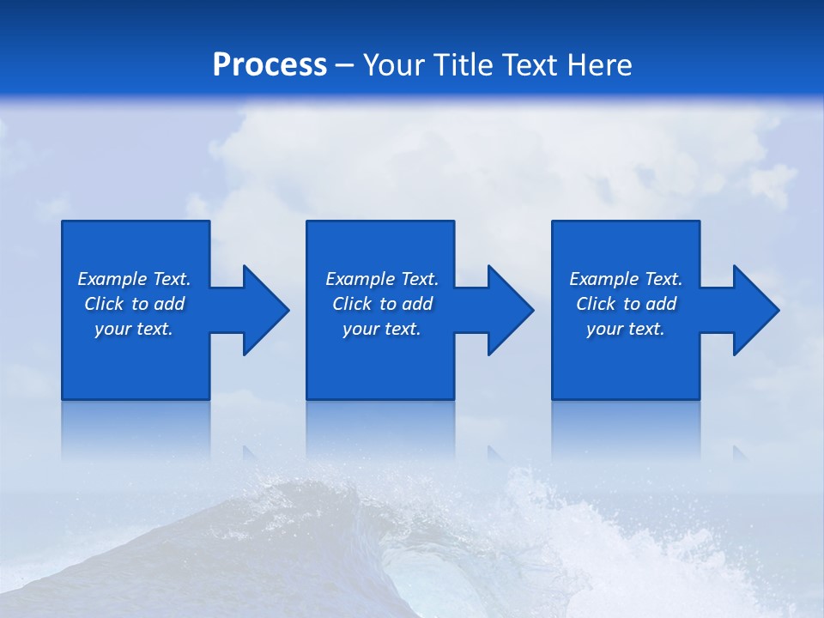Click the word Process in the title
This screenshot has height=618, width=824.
(x=270, y=65)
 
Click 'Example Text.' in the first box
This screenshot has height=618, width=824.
(x=134, y=279)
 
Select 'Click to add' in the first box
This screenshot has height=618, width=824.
(x=134, y=304)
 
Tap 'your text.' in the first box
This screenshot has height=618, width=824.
(x=134, y=329)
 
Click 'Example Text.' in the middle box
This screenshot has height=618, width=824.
(x=382, y=279)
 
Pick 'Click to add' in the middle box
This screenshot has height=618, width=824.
(x=382, y=304)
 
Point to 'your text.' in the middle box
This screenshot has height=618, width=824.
(x=382, y=329)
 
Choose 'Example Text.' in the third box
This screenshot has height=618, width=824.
(x=626, y=279)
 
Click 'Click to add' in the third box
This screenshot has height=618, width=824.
(x=626, y=304)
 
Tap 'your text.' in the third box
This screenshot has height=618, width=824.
(x=626, y=329)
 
